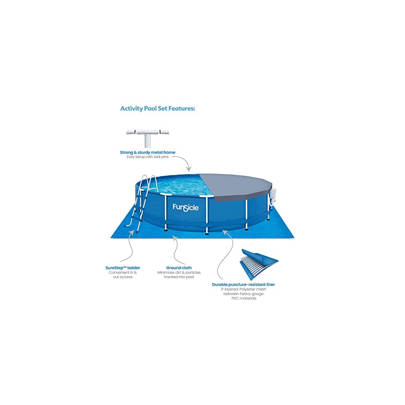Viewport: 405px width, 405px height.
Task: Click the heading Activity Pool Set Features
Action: (x=158, y=109)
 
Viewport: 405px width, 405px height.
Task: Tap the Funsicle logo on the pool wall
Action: (x=185, y=207)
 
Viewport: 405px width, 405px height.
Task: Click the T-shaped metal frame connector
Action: (x=147, y=136)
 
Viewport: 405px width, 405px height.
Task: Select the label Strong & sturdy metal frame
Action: (x=147, y=152)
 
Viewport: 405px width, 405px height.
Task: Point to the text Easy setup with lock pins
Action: (x=147, y=157)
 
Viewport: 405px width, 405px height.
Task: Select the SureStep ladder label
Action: (x=120, y=268)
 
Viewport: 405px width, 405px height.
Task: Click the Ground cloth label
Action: (x=179, y=268)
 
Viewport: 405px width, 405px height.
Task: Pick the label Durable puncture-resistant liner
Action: (x=243, y=285)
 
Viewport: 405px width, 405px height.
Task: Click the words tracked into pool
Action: (x=179, y=277)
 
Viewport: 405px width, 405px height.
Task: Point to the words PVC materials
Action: (x=243, y=298)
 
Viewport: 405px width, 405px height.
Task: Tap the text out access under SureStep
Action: (x=120, y=277)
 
